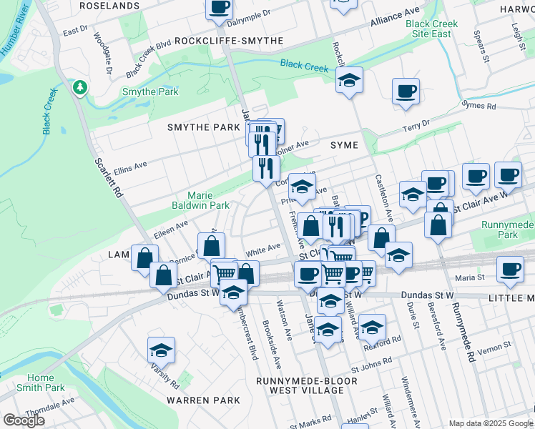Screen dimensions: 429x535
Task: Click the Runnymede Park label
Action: point(509,230)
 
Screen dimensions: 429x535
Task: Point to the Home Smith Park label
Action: point(41,383)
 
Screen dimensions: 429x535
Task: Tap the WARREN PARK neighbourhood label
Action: point(204,400)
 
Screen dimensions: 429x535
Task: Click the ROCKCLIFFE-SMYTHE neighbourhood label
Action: point(229,41)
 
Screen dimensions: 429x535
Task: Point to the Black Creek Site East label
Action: point(431,29)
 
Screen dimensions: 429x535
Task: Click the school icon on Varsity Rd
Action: point(162,350)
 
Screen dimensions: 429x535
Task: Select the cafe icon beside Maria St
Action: point(510,270)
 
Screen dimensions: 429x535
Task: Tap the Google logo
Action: point(24,420)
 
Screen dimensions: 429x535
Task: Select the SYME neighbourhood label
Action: point(343,145)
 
